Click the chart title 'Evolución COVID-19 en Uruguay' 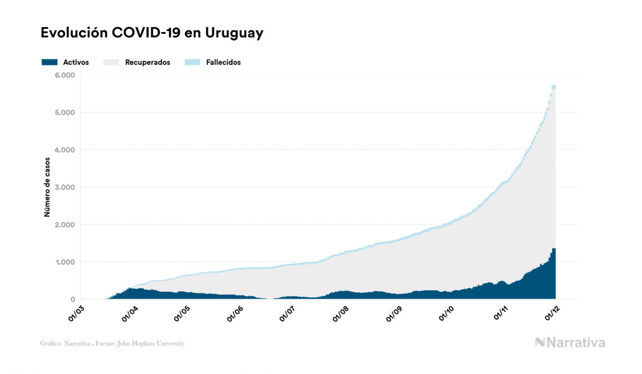[151, 33]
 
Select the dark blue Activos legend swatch [49, 62]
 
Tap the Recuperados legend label [148, 62]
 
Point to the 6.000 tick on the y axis [65, 75]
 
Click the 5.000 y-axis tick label [65, 113]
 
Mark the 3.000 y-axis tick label [65, 188]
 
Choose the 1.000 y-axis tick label [65, 262]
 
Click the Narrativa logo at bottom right [570, 342]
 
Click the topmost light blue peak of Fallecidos [554, 87]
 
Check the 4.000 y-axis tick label [65, 150]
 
